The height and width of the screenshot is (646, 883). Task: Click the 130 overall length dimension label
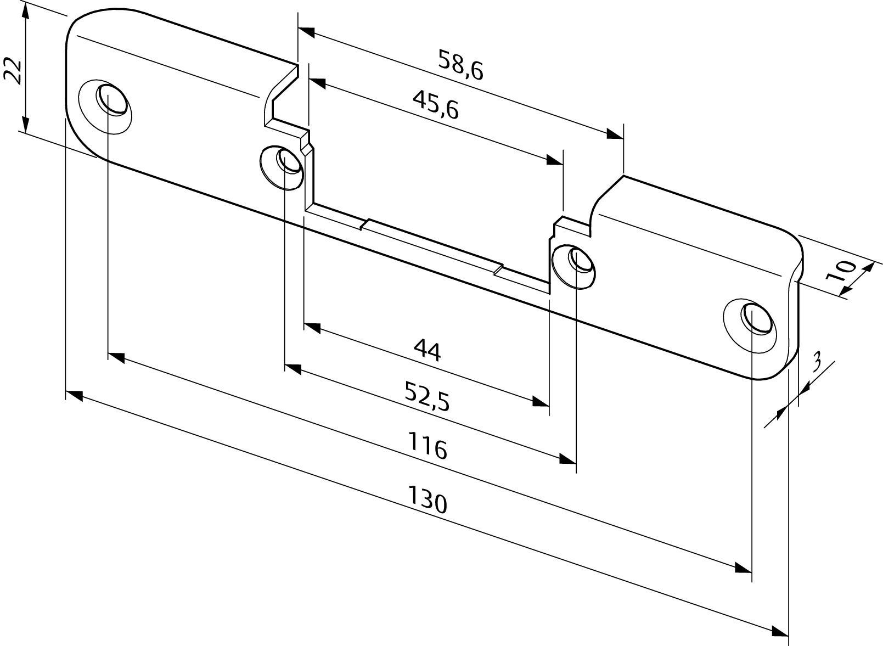pyautogui.click(x=427, y=500)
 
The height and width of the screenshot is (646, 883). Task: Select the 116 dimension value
pyautogui.click(x=428, y=446)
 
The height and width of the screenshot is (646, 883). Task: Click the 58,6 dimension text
pyautogui.click(x=460, y=65)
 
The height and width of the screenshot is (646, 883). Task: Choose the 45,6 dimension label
pyautogui.click(x=436, y=105)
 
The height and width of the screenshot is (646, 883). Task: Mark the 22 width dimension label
pyautogui.click(x=12, y=71)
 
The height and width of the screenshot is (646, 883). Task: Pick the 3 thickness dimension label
pyautogui.click(x=817, y=362)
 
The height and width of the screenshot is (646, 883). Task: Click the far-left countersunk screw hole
pyautogui.click(x=105, y=106)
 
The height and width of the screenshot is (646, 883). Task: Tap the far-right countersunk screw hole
pyautogui.click(x=750, y=325)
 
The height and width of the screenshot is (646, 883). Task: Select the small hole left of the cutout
pyautogui.click(x=282, y=168)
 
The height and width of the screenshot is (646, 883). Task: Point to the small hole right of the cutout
pyautogui.click(x=573, y=266)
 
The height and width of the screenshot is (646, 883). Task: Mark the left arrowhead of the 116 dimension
pyautogui.click(x=116, y=357)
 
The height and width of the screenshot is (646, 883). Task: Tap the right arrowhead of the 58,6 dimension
pyautogui.click(x=615, y=134)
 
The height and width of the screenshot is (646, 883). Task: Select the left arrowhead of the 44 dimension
pyautogui.click(x=312, y=328)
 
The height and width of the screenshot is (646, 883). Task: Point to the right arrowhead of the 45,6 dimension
pyautogui.click(x=554, y=160)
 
